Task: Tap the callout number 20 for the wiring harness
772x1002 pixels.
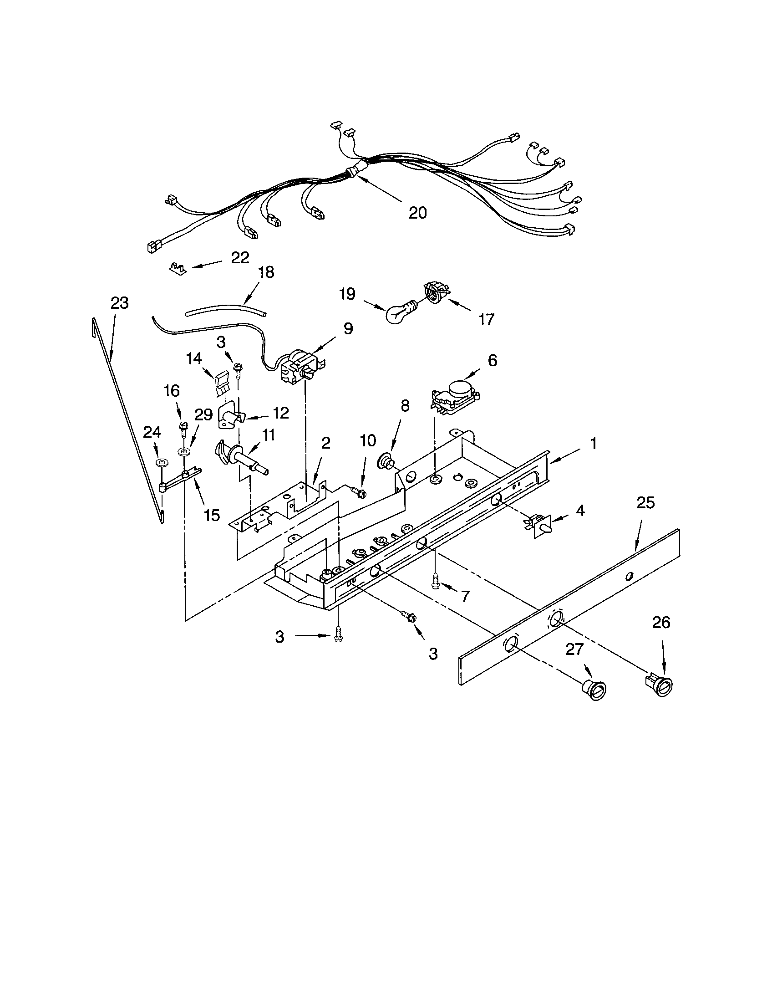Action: [x=417, y=212]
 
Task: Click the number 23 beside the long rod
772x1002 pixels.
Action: [x=119, y=303]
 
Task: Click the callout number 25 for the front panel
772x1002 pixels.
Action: [x=646, y=503]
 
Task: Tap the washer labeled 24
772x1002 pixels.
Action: [x=160, y=461]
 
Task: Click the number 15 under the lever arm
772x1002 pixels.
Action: [x=212, y=515]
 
